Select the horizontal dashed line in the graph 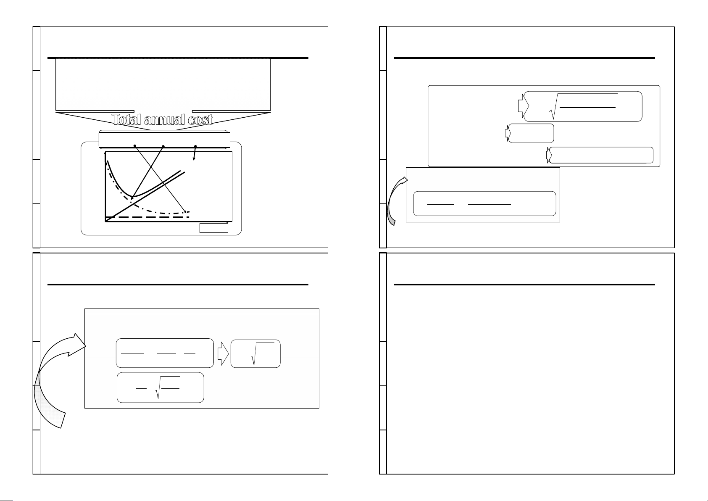pyautogui.click(x=147, y=217)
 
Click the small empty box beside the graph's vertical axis pyautogui.click(x=95, y=157)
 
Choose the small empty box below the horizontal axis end pyautogui.click(x=214, y=228)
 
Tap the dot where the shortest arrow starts pyautogui.click(x=195, y=146)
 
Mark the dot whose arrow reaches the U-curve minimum pyautogui.click(x=163, y=146)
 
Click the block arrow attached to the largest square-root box pyautogui.click(x=524, y=106)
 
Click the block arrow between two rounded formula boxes pyautogui.click(x=223, y=354)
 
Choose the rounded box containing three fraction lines pyautogui.click(x=165, y=353)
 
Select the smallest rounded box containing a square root pyautogui.click(x=255, y=354)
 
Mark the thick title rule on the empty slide pyautogui.click(x=524, y=285)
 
